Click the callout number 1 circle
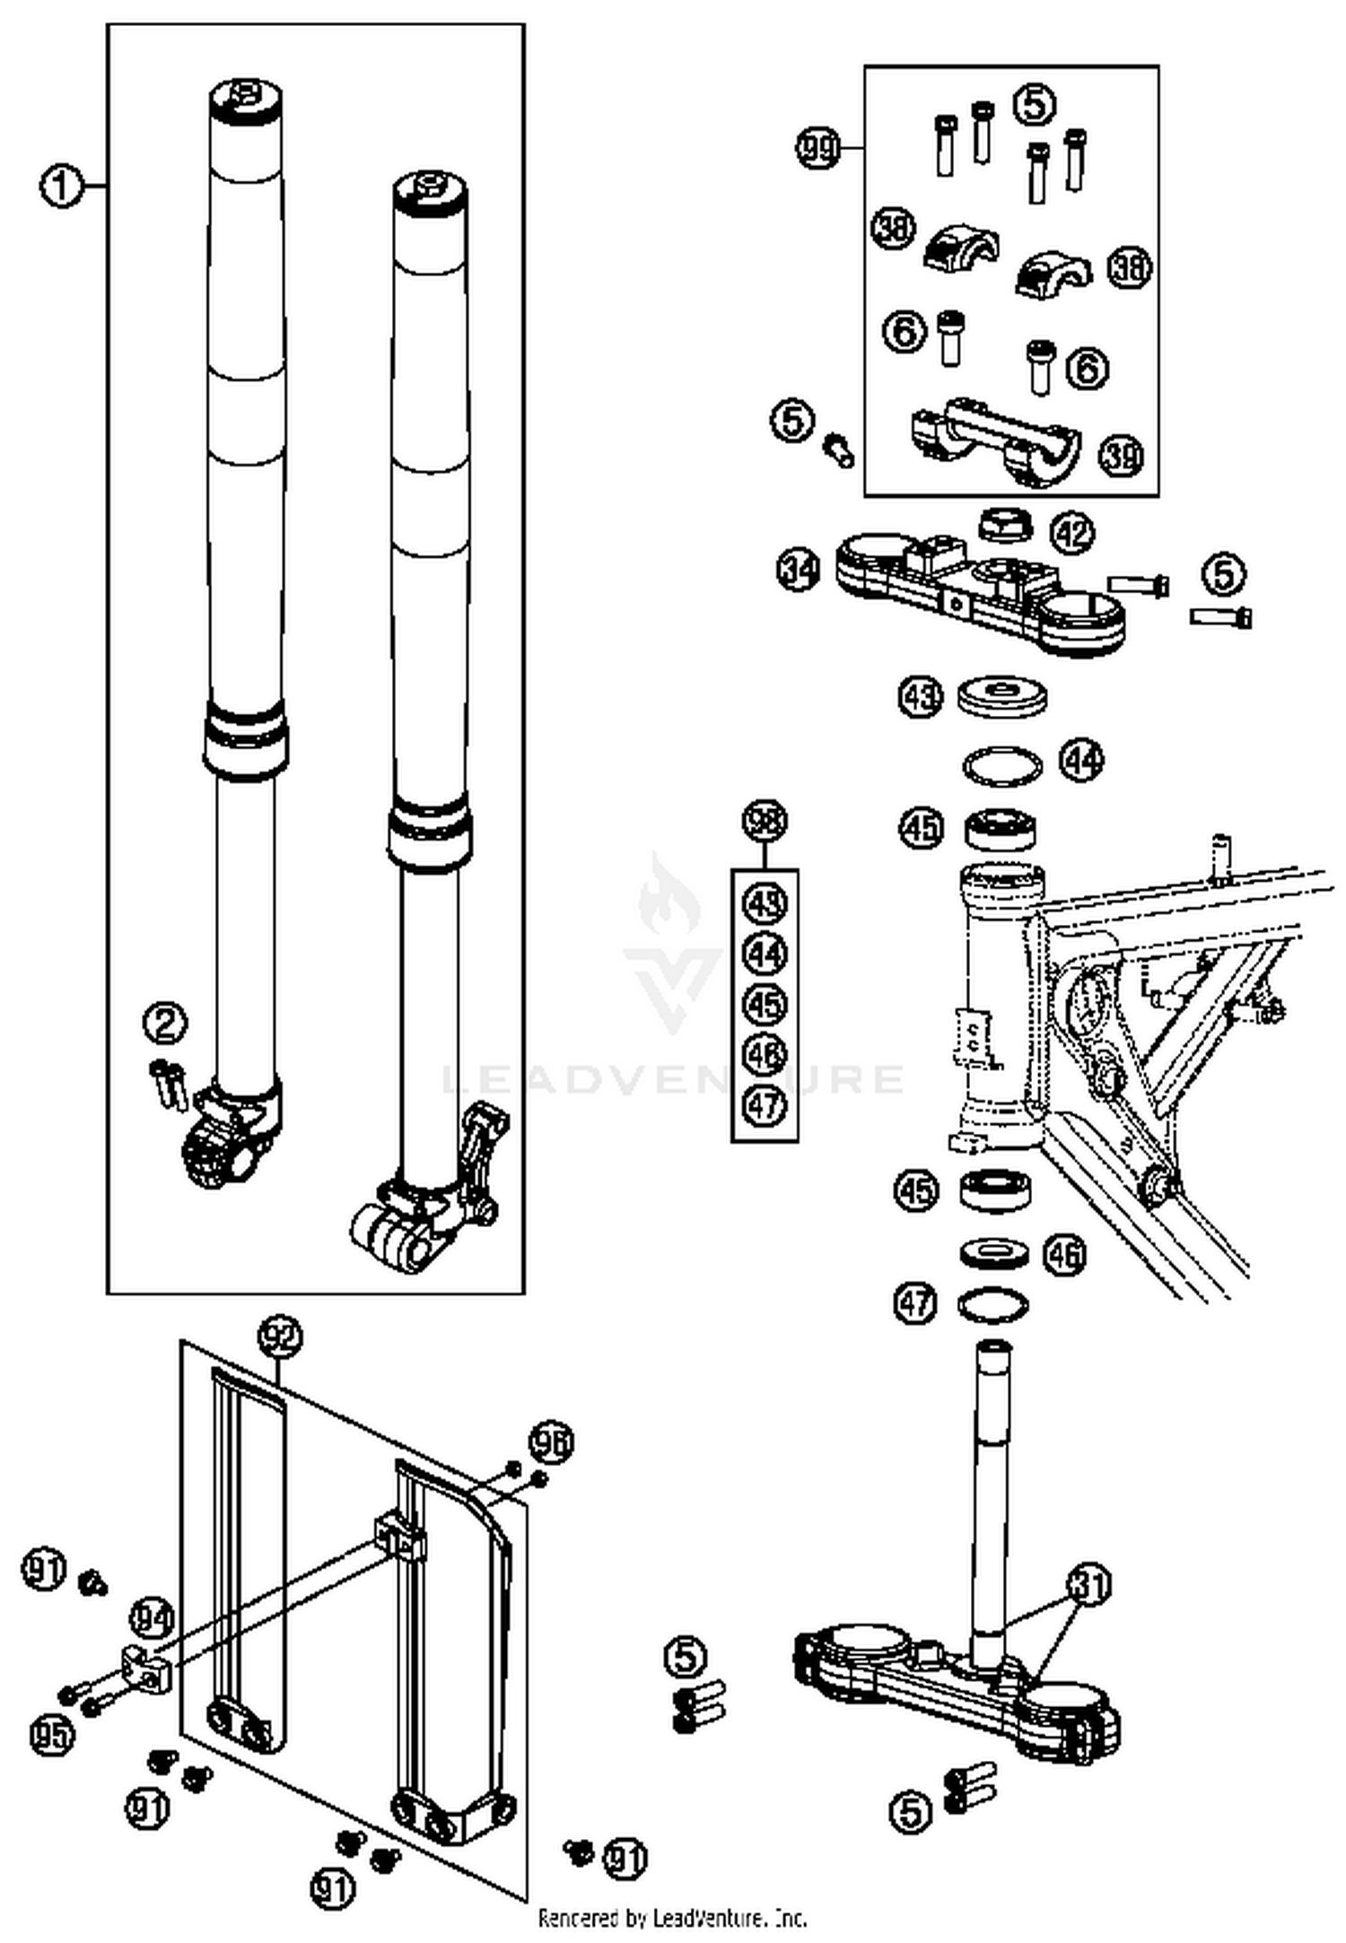click(60, 187)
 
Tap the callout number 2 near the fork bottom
click(165, 1024)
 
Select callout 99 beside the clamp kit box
click(818, 147)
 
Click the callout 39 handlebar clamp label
click(1122, 455)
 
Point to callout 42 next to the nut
click(1072, 534)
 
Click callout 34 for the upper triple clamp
click(798, 571)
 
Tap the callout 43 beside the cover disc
click(921, 697)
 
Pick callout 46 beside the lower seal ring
click(1064, 1254)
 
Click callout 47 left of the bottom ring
click(915, 1303)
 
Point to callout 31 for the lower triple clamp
click(1088, 1585)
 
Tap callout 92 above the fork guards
click(280, 1337)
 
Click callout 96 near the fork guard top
click(550, 1442)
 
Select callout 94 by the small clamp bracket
click(152, 1619)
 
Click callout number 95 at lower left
click(51, 1734)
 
